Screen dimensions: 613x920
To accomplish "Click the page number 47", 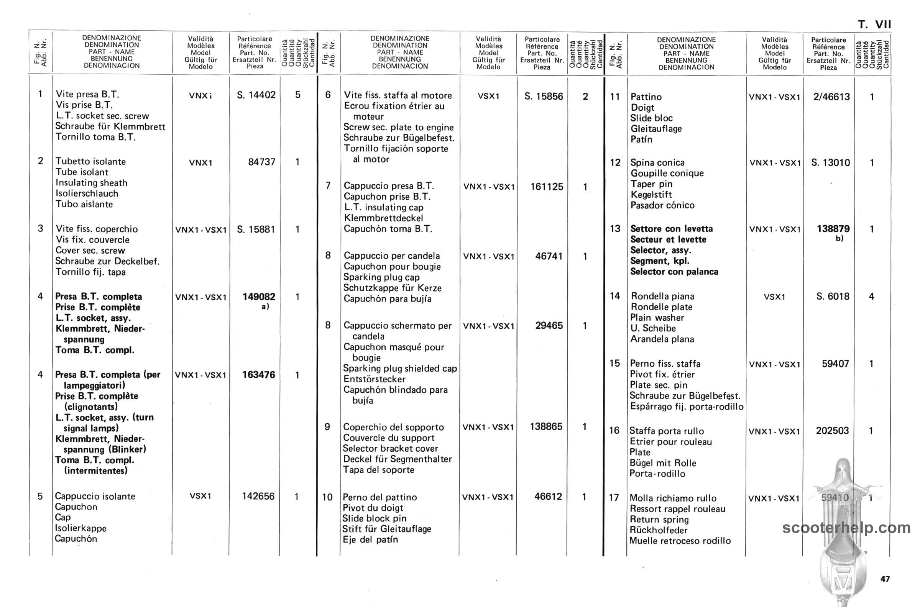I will pos(885,579).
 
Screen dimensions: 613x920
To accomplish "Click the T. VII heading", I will pos(874,25).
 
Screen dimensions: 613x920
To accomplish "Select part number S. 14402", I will pos(256,95).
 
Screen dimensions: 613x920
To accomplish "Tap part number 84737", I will pos(262,162).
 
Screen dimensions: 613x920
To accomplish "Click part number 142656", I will pos(258,496).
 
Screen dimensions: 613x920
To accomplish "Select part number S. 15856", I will pos(544,97).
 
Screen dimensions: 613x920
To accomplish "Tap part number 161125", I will pos(547,187).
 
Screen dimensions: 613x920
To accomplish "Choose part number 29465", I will pos(549,326).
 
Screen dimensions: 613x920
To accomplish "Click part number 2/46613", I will pos(831,97).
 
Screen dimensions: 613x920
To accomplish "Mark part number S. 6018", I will pos(832,297).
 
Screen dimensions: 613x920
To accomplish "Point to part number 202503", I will pos(832,431).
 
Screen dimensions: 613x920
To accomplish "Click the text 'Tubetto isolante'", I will pos(91,161).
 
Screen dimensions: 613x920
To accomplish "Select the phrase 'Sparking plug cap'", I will pos(381,277).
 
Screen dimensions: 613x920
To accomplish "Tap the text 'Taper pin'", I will pos(651,184).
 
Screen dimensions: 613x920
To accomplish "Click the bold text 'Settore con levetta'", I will pos(671,229).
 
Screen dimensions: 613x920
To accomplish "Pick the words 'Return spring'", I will pos(659,520).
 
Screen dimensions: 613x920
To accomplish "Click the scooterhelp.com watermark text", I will pos(846,528).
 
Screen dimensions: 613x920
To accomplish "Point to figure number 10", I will pos(327,497).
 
